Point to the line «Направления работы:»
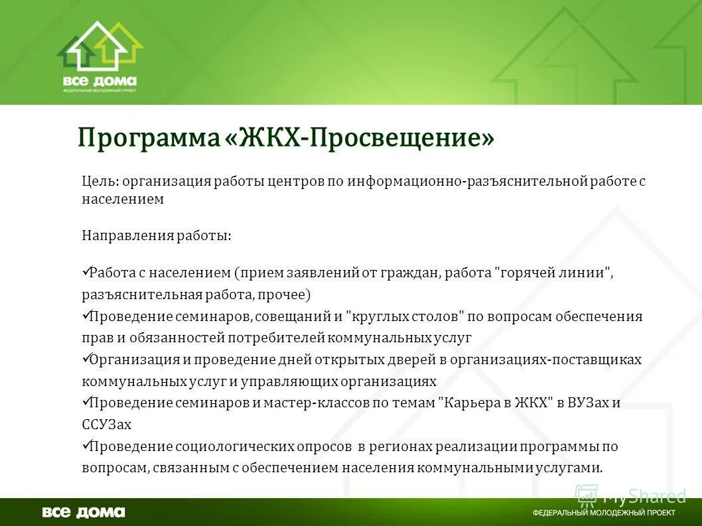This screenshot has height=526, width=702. point(157,235)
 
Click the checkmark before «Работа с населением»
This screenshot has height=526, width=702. point(86,271)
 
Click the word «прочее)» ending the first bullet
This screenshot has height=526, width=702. point(287,294)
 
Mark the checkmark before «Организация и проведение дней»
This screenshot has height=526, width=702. point(86,358)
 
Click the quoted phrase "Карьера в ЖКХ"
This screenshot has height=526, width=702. point(496,403)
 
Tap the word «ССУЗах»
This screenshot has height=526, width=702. point(107,425)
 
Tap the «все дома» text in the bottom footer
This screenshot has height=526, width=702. point(84,512)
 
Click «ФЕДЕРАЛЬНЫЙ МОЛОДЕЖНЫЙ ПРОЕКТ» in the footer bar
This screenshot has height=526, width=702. point(604,513)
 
